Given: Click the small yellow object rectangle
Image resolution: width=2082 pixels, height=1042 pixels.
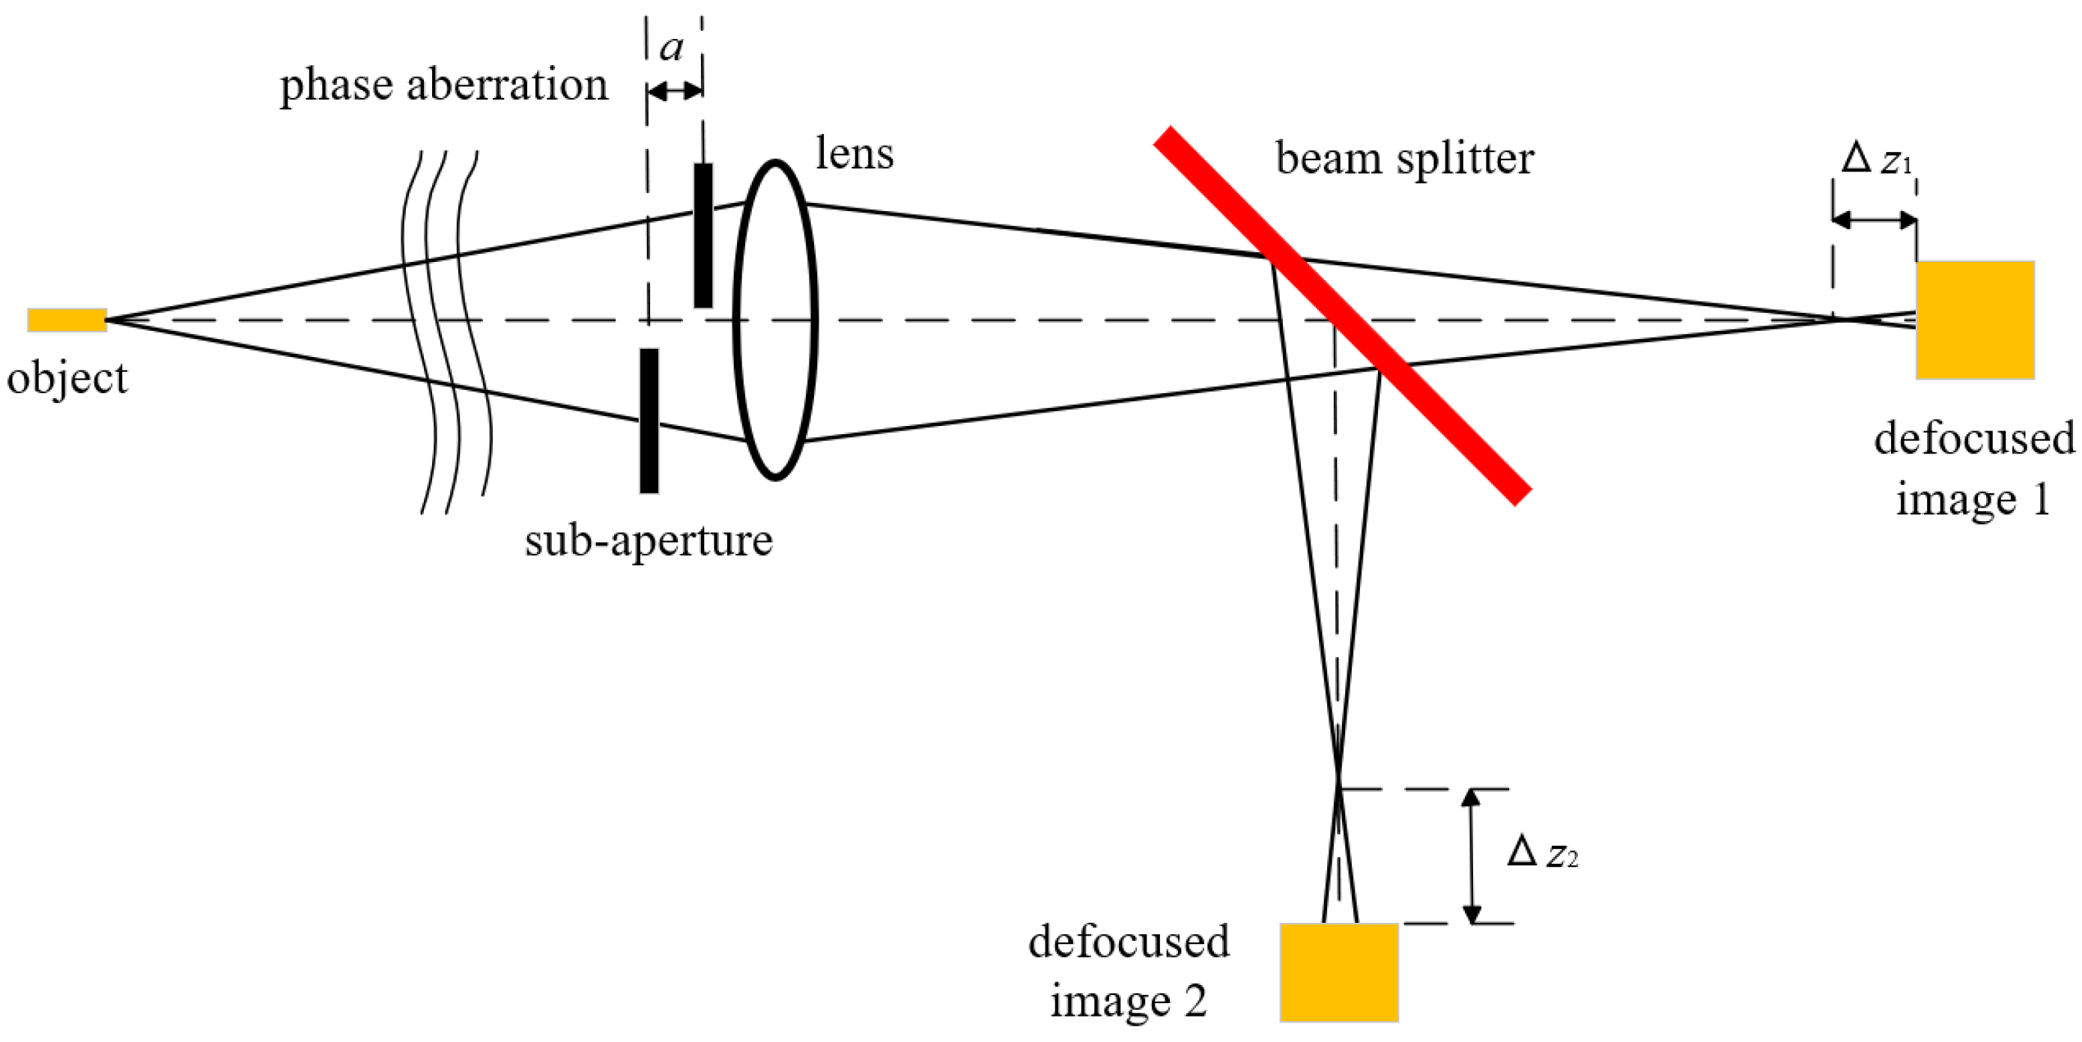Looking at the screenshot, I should click(x=66, y=320).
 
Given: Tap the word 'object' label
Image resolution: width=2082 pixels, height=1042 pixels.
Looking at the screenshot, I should click(x=67, y=377).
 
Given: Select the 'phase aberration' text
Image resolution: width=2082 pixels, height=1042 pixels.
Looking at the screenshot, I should click(x=443, y=84).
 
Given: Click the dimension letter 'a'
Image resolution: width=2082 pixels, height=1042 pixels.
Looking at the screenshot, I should click(x=672, y=47).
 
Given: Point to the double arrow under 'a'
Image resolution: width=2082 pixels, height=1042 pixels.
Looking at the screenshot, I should click(x=675, y=91).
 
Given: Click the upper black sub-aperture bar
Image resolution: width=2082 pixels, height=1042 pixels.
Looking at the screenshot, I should click(x=703, y=235).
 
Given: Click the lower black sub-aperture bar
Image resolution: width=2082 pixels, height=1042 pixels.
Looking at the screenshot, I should click(x=649, y=420).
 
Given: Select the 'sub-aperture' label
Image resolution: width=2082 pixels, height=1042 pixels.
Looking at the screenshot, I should click(x=649, y=539).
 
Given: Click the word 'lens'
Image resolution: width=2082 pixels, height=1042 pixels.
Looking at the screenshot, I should click(x=855, y=153).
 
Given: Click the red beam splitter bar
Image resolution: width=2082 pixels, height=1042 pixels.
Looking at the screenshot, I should click(x=1341, y=316).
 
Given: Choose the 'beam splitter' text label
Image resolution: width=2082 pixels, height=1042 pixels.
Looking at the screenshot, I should click(x=1405, y=157).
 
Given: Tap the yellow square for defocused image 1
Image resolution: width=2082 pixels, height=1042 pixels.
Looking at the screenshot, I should click(x=1974, y=320).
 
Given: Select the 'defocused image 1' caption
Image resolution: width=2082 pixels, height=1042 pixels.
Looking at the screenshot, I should click(x=1973, y=469).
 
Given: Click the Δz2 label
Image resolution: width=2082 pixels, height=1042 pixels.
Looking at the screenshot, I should click(x=1542, y=852).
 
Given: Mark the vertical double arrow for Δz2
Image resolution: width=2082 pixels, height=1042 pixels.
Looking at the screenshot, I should click(x=1472, y=856).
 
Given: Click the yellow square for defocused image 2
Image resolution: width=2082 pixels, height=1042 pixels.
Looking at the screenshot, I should click(x=1339, y=972).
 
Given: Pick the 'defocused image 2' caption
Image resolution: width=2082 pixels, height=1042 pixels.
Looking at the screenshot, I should click(x=1129, y=971).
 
